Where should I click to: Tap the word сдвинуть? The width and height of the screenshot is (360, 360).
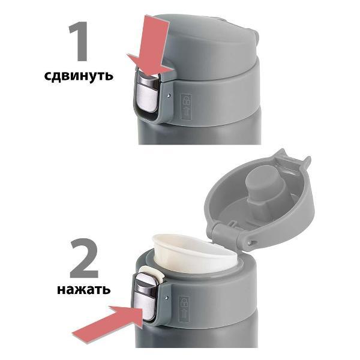[x=78, y=77]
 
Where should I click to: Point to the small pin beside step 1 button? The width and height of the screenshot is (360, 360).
[x=170, y=95]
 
